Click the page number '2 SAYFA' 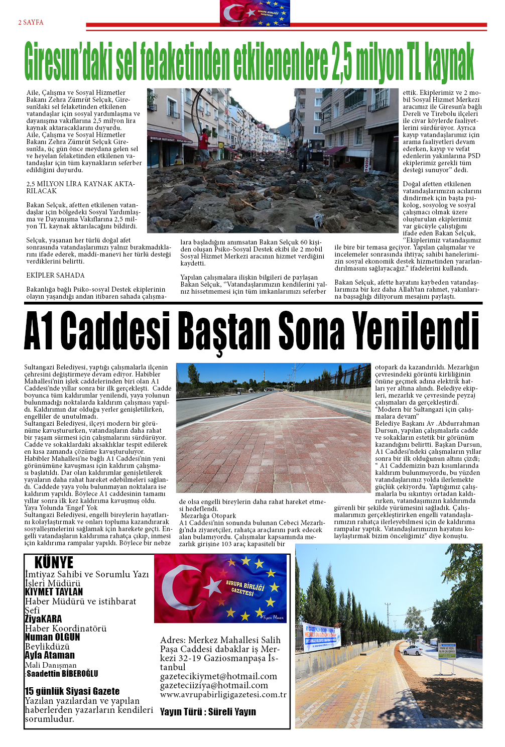(31, 23)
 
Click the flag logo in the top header (255, 13)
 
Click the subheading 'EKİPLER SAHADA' (55, 276)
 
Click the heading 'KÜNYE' (54, 562)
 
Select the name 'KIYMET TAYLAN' (54, 592)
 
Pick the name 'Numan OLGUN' (52, 637)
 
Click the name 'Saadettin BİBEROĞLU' (62, 674)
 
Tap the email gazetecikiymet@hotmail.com (218, 676)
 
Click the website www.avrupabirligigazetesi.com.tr (223, 695)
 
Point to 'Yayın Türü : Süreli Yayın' (208, 712)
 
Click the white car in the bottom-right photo (413, 650)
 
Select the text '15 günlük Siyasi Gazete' (72, 691)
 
